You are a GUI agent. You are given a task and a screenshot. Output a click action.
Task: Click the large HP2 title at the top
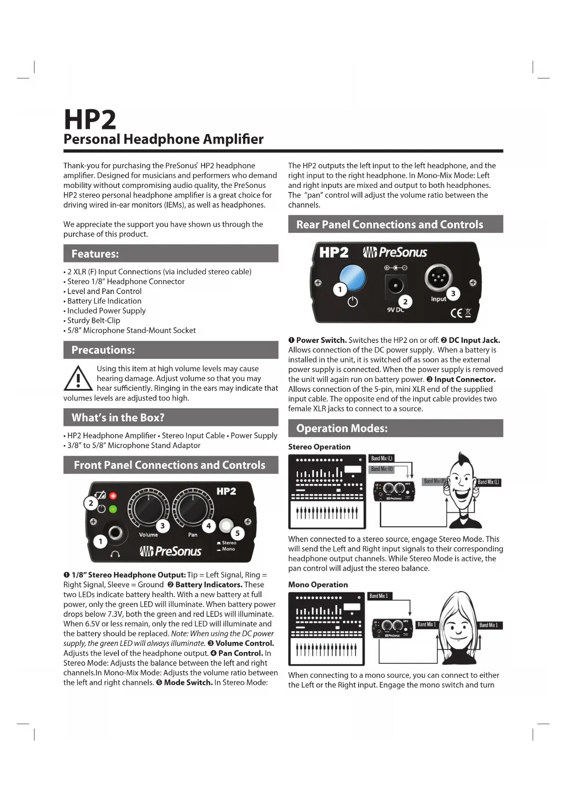90,120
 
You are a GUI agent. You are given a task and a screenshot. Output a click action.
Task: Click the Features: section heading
95,254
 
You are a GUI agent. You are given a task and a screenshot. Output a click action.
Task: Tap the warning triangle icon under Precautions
78,379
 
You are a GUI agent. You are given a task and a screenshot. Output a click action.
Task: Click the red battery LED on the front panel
113,496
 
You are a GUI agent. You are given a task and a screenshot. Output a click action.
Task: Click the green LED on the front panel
113,509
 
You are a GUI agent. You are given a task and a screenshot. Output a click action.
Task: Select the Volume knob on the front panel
148,507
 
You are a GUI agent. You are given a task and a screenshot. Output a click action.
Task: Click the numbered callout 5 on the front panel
238,533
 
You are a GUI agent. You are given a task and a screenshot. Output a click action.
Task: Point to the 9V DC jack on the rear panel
395,286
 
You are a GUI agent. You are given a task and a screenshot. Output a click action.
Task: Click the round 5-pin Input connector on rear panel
438,278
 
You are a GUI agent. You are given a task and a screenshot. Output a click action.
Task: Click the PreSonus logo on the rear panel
395,252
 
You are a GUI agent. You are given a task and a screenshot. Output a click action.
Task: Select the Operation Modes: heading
342,428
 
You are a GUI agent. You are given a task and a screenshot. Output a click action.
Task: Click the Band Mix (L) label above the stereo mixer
382,458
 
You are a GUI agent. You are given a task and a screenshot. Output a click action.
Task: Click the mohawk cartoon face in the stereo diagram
461,485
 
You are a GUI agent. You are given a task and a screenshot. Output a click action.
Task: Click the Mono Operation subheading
318,585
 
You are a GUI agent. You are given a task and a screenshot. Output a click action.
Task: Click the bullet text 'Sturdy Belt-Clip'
94,321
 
